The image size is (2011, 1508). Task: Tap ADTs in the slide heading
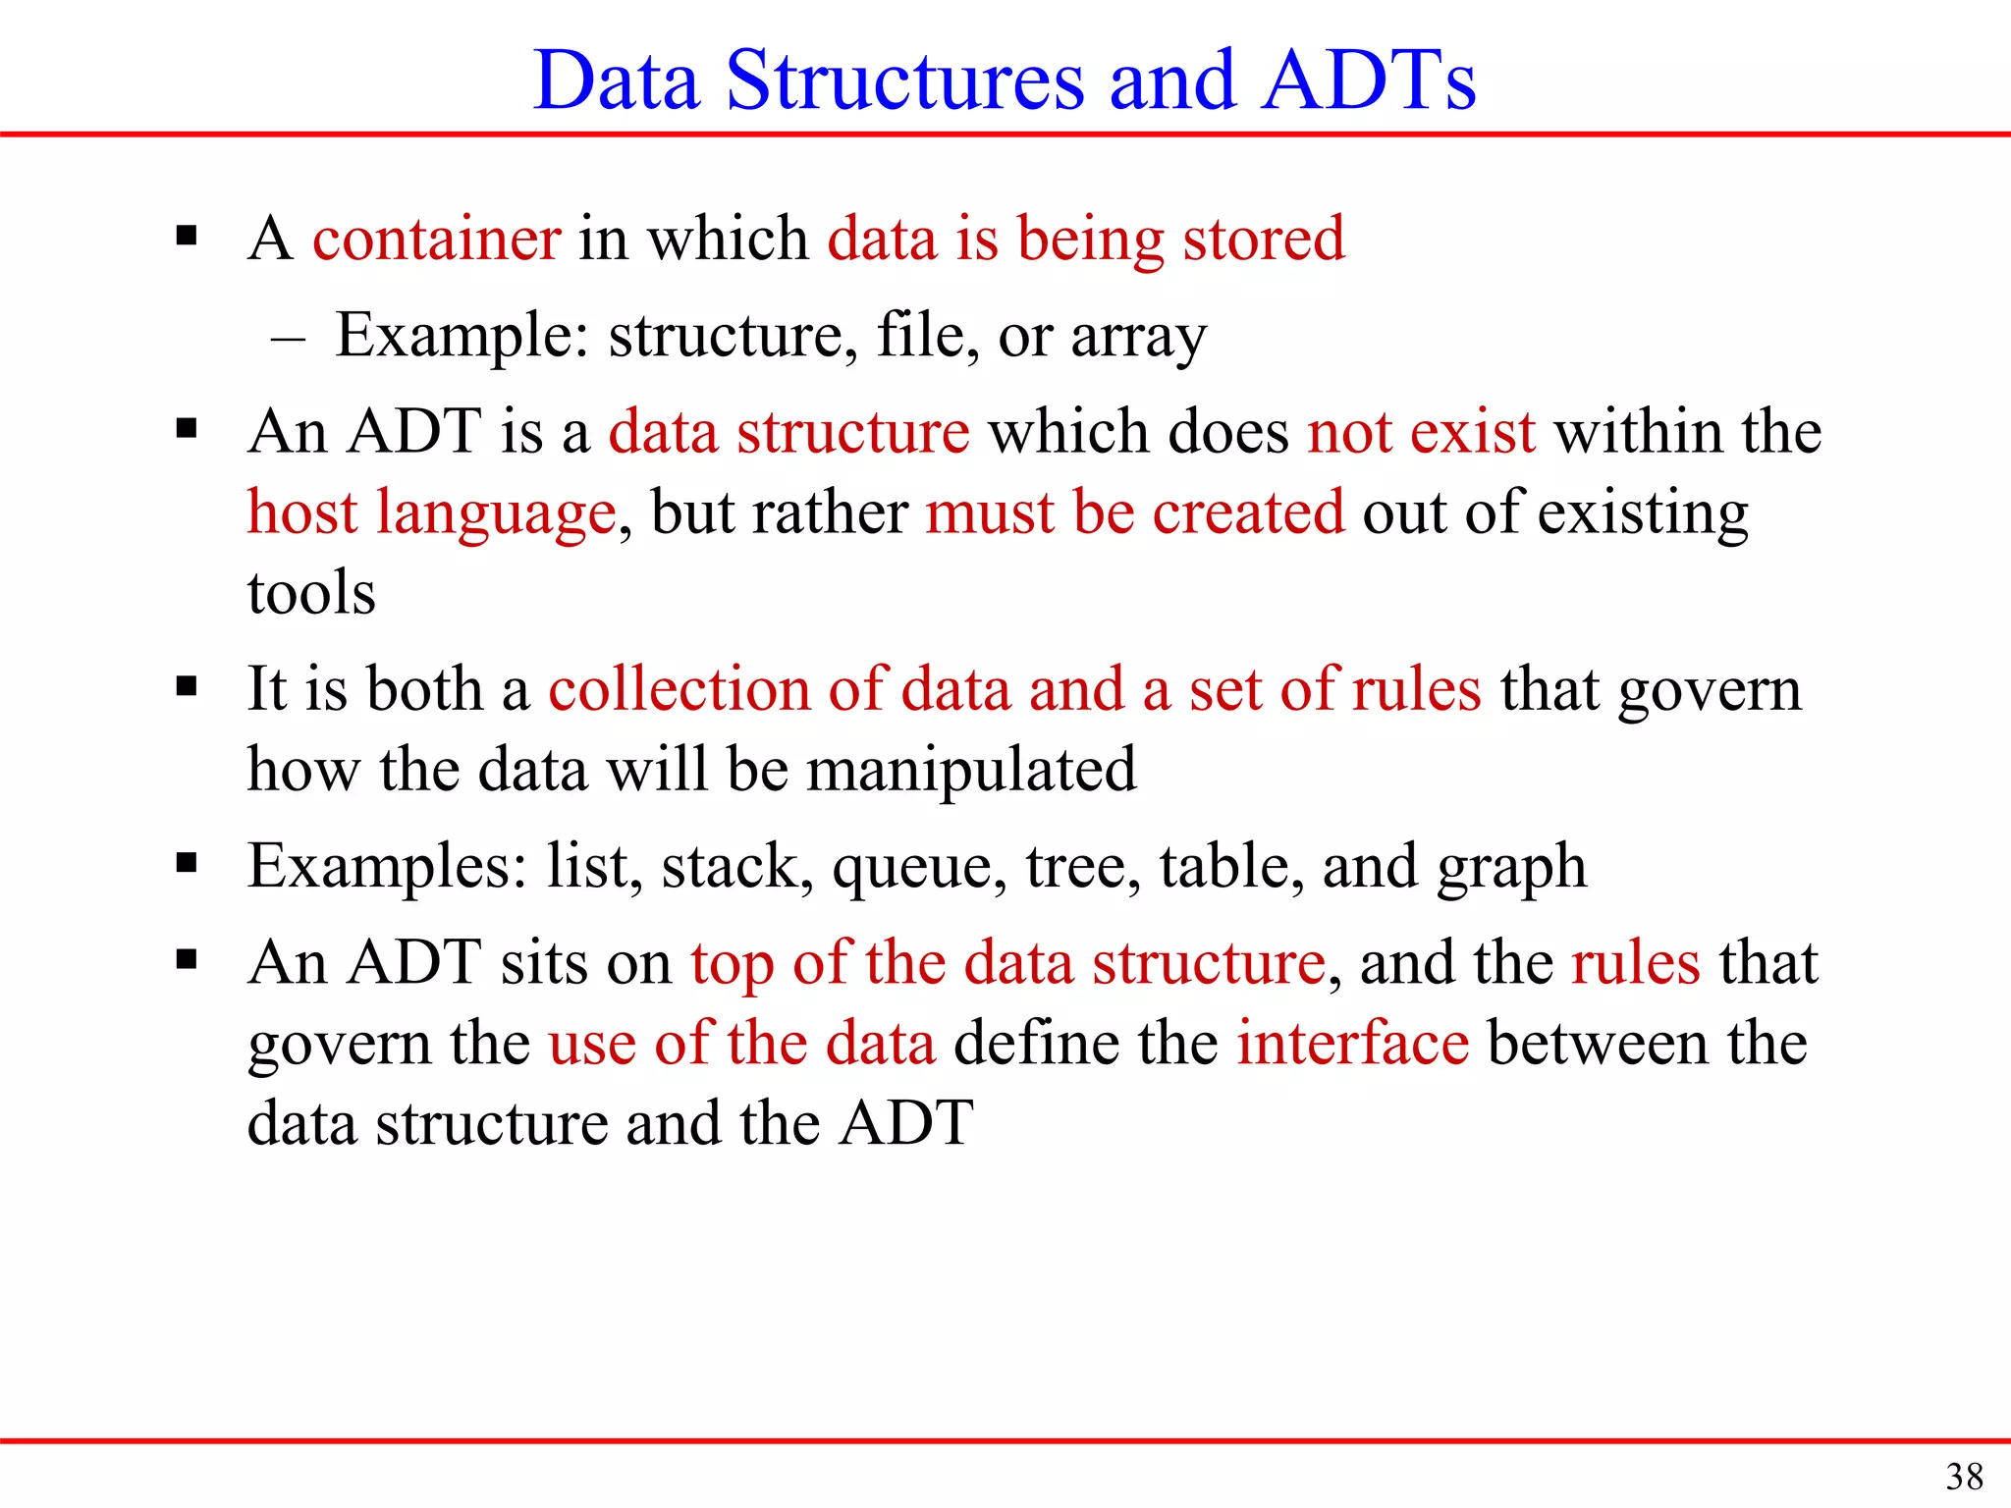click(1370, 81)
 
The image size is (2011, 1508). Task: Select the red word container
click(436, 239)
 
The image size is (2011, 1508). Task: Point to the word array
click(1138, 337)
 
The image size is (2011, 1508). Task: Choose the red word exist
click(1472, 432)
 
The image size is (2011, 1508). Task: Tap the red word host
click(301, 512)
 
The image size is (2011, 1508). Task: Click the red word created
click(1248, 512)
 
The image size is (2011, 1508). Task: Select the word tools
click(311, 593)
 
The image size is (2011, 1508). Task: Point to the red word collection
click(678, 689)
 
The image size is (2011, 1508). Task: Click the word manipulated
click(971, 770)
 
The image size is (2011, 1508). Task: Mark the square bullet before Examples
click(187, 864)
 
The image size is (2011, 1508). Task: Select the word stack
click(736, 866)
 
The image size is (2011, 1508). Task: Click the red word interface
click(1352, 1043)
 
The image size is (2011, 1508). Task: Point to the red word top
click(732, 964)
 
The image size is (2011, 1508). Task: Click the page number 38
click(1965, 1477)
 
